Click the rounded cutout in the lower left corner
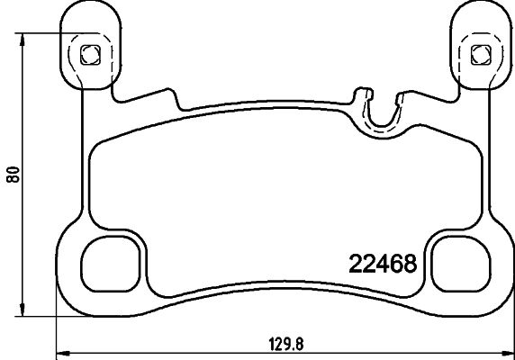[x=113, y=264]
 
